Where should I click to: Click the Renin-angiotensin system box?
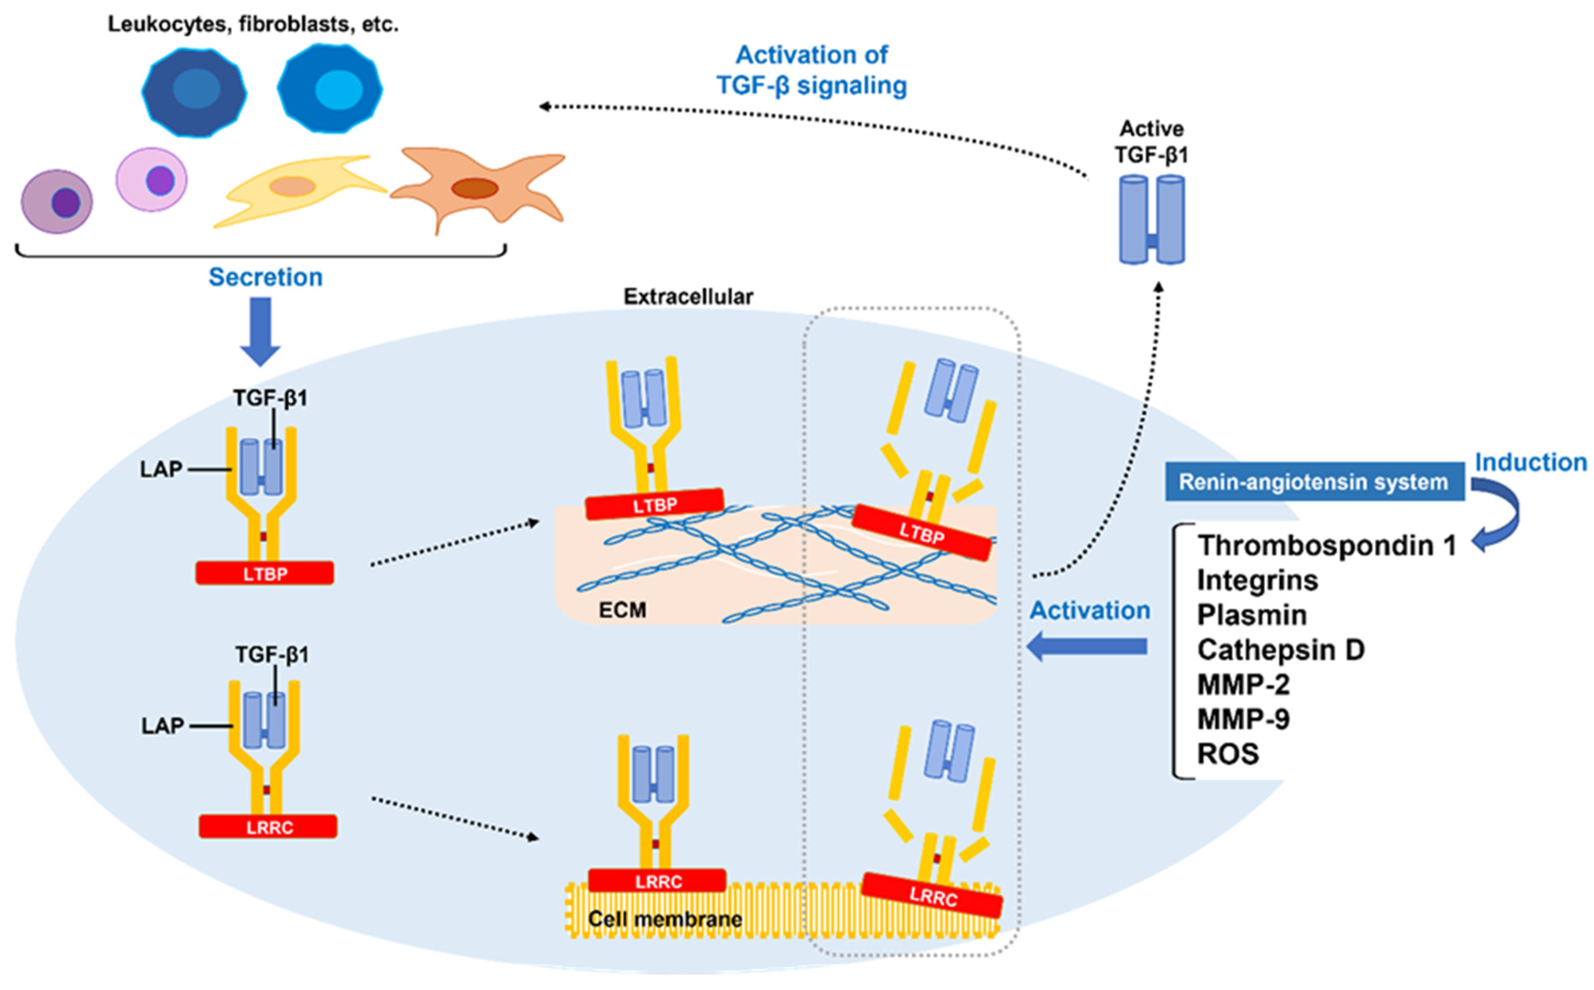coord(1313,482)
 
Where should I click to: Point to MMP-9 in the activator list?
coord(1243,720)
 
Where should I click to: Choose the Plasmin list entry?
coord(1251,616)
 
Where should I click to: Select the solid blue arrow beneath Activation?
coord(1087,647)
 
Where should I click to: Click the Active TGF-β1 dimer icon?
coord(1152,220)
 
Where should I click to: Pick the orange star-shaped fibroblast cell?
coord(478,187)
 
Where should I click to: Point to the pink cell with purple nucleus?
coord(152,179)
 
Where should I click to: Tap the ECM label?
coord(622,610)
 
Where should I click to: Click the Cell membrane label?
coord(664,919)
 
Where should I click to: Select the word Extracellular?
coord(688,296)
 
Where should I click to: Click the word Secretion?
coord(265,277)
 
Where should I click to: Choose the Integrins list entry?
coord(1257,581)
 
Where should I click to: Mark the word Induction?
coord(1530,462)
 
